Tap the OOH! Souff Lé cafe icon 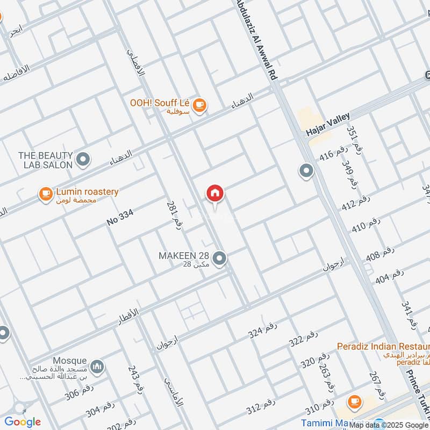[x=199, y=105]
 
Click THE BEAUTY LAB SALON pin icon [x=83, y=160]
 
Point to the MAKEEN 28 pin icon [x=219, y=259]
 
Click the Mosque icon [x=97, y=367]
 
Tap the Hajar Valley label [x=328, y=124]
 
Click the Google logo [x=22, y=421]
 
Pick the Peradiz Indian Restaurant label [x=383, y=346]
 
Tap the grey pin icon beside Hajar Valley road [x=306, y=171]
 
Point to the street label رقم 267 [x=377, y=385]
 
